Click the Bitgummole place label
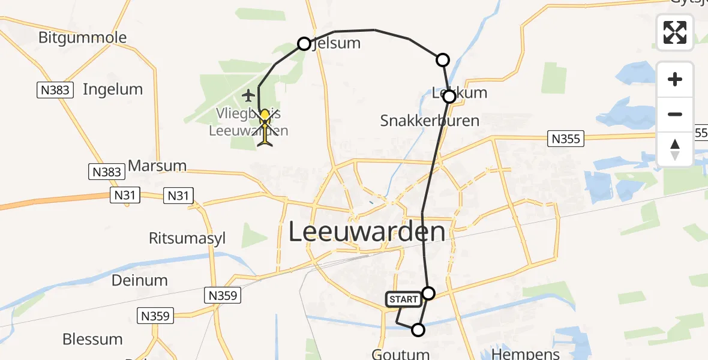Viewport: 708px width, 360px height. [x=83, y=38]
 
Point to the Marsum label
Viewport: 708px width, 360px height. [x=158, y=166]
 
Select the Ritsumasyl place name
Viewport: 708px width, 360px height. [x=187, y=238]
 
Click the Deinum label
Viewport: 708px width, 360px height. [x=140, y=280]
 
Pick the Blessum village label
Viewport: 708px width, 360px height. [x=92, y=339]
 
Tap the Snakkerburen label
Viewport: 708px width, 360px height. [x=430, y=121]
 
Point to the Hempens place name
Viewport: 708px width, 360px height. [x=526, y=354]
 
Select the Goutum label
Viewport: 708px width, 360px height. [x=401, y=354]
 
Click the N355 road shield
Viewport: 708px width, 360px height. [x=566, y=139]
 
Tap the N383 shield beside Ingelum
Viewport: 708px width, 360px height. [x=54, y=91]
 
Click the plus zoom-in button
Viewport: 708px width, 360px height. [x=675, y=80]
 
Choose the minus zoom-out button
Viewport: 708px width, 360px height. [x=675, y=114]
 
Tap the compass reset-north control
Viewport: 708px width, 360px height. [x=675, y=149]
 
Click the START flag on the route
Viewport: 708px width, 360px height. [x=403, y=299]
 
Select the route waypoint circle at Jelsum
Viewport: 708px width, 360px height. [x=304, y=44]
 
